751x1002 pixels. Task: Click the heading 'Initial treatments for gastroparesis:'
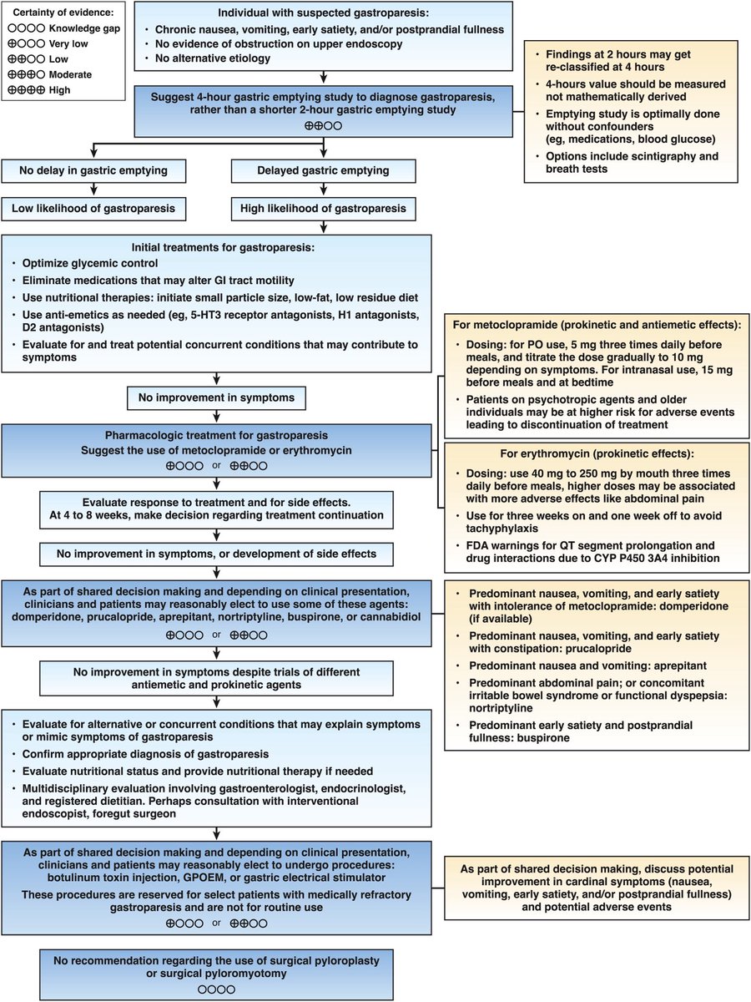point(217,247)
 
